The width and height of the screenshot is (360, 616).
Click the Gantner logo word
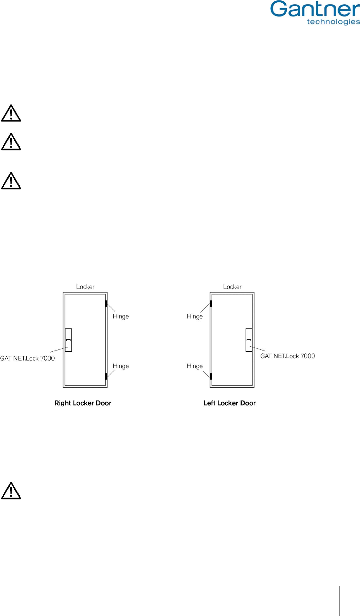(x=315, y=9)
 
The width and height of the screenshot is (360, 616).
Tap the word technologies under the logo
(x=333, y=22)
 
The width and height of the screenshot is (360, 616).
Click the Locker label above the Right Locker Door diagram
(x=85, y=287)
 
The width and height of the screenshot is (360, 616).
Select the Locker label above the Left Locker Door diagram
(x=232, y=287)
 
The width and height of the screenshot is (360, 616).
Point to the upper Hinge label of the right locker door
(x=121, y=317)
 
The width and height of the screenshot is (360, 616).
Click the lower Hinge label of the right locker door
(x=121, y=366)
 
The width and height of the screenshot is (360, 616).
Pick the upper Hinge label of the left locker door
(x=195, y=317)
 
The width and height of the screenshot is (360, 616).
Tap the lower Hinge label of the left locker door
(x=195, y=366)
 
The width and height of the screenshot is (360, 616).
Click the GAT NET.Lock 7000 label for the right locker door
(x=27, y=358)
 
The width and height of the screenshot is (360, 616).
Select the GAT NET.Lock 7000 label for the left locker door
(x=287, y=356)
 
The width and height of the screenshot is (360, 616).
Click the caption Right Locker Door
(x=83, y=403)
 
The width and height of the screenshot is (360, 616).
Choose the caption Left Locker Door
(x=230, y=403)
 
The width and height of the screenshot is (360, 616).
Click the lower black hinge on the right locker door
(x=106, y=376)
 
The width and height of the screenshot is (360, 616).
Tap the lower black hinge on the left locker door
(x=211, y=376)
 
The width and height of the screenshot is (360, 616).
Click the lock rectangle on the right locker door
(x=68, y=340)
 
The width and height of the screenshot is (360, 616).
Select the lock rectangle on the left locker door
(x=249, y=340)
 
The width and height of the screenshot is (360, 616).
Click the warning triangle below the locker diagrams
(x=11, y=491)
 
